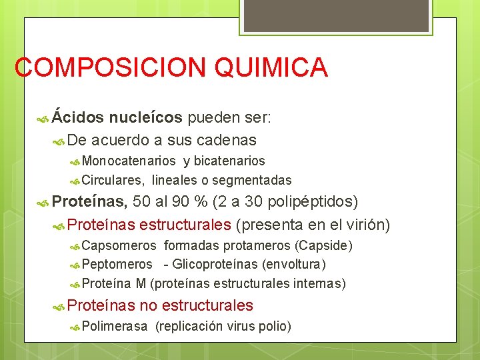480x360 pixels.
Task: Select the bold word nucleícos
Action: click(145, 118)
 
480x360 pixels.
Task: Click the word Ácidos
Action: click(78, 118)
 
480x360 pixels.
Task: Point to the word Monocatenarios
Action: click(129, 161)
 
